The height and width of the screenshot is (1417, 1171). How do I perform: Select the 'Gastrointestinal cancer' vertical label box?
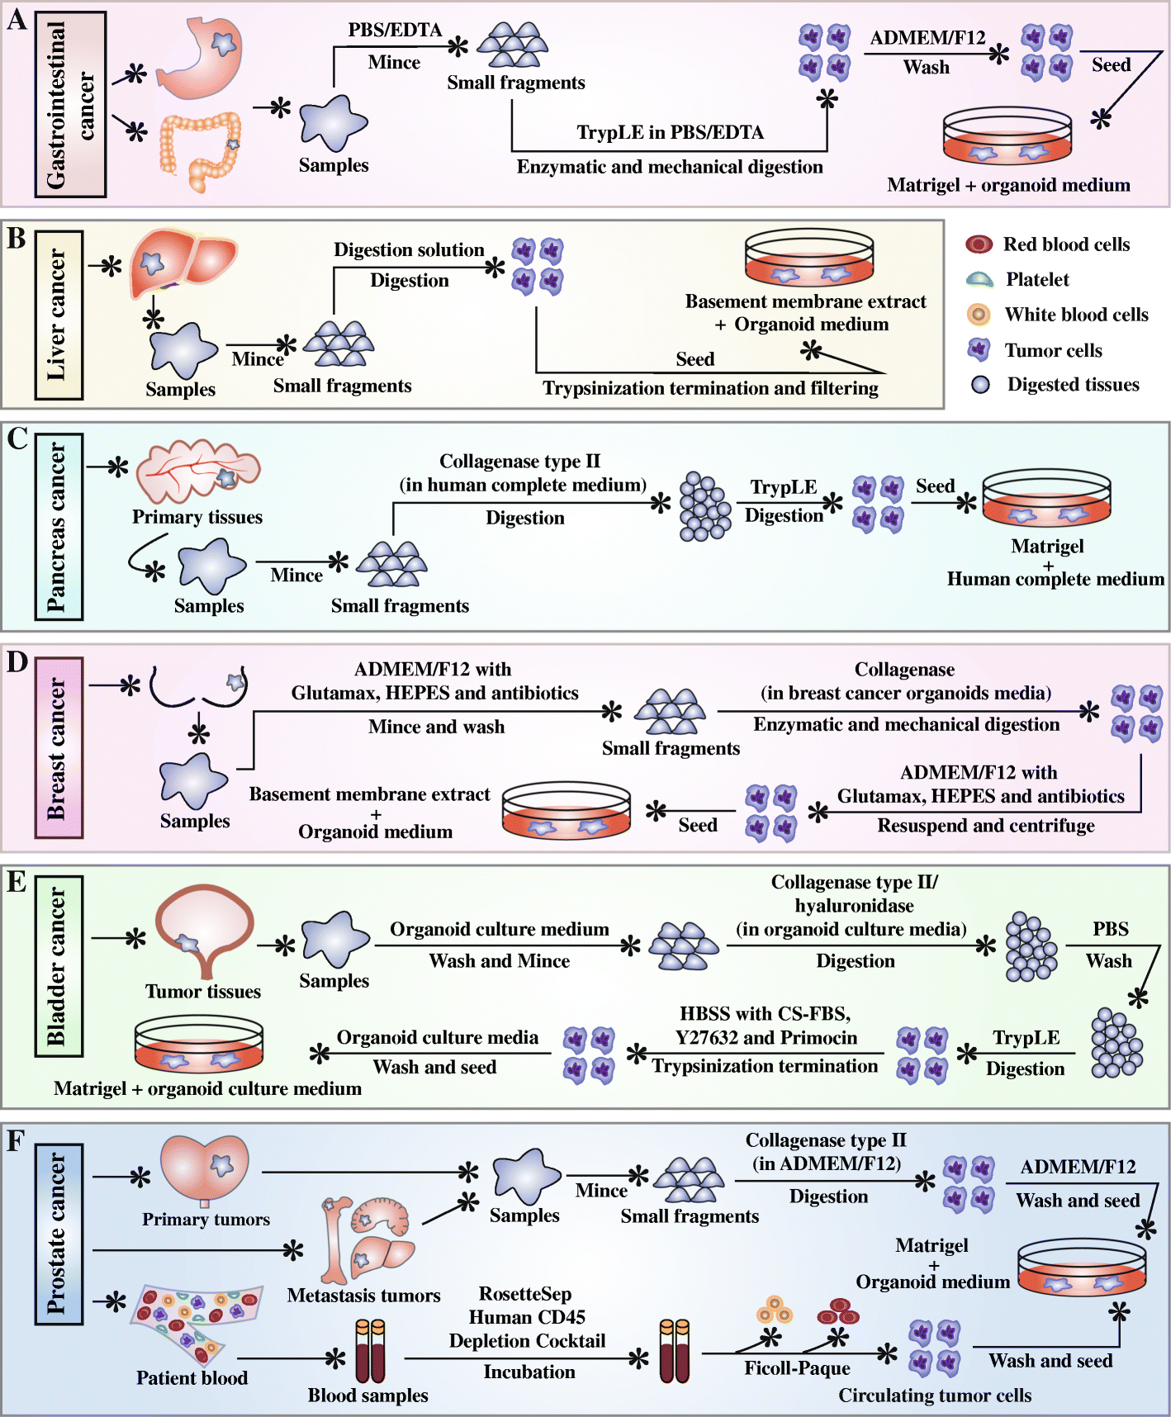(x=70, y=104)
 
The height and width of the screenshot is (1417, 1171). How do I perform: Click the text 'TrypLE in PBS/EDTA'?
(x=670, y=133)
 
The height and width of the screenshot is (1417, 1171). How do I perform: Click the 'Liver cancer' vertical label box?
(x=59, y=315)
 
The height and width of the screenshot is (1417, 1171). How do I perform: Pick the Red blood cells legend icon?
(x=979, y=244)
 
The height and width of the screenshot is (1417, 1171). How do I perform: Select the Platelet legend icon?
(x=979, y=280)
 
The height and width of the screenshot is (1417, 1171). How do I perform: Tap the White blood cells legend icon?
(x=979, y=315)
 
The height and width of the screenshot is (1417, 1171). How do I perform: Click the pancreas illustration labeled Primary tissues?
(x=197, y=472)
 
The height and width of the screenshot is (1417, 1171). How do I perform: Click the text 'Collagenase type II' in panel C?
(x=519, y=462)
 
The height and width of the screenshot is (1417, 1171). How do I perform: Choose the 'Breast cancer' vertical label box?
(x=59, y=747)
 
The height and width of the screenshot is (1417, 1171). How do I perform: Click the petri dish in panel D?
(x=566, y=810)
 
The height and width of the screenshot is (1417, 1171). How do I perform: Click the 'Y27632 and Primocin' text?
(x=766, y=1038)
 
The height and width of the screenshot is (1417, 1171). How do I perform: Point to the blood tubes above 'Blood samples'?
(x=370, y=1351)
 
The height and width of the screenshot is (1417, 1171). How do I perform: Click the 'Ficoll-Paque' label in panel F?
(x=797, y=1368)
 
